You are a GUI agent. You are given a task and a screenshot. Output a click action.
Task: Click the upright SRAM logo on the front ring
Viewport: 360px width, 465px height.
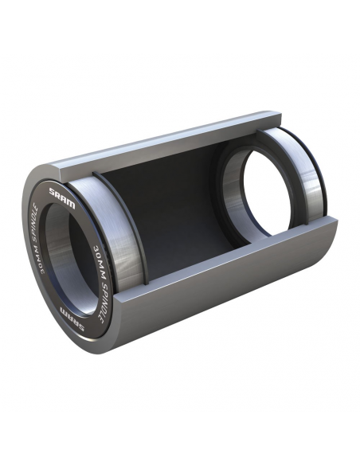point(61,193)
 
